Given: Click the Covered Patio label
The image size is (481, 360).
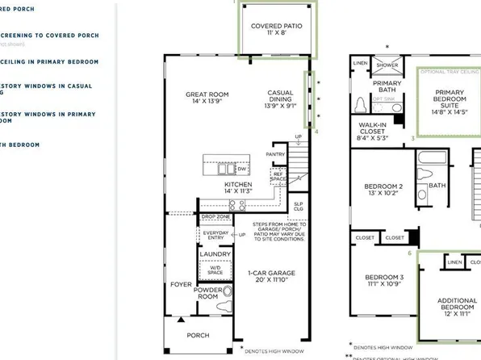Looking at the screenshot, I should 276,27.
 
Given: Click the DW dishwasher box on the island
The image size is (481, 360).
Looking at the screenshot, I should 240,170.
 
